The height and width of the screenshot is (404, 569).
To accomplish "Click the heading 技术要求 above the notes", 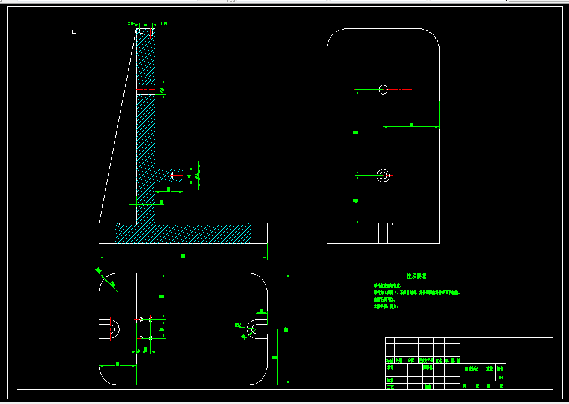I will coord(416,276).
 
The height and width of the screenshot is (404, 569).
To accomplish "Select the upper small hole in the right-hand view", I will coord(383,90).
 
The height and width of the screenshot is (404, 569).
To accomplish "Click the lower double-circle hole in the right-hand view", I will coord(383,175).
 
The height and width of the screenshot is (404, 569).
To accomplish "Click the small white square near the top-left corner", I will coord(74,31).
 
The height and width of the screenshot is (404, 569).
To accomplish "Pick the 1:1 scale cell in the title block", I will coord(500,377).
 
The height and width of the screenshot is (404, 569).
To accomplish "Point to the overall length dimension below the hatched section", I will coord(183,257).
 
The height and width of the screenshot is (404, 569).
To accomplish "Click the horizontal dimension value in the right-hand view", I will coord(411,125).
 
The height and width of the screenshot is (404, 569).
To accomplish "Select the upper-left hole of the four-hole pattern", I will coord(141,319).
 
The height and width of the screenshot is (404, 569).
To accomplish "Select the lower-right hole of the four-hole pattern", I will coord(150,338).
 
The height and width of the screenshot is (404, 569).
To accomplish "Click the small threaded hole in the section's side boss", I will coord(177,176).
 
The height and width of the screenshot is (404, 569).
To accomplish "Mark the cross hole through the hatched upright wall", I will coord(146,90).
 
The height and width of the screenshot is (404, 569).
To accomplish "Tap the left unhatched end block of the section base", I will coord(107,233).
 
